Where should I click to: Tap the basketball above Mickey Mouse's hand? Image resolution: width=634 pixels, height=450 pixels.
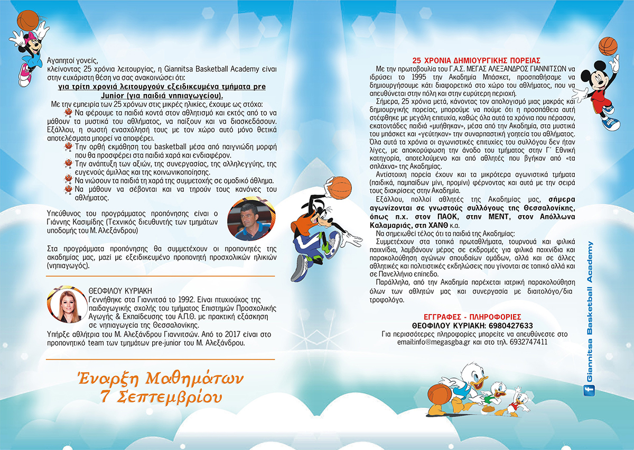pyautogui.click(x=608, y=47)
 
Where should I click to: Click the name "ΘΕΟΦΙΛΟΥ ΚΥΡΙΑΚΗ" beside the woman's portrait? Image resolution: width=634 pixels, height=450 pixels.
pyautogui.click(x=121, y=290)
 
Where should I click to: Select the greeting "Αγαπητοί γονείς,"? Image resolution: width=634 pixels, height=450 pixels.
pyautogui.click(x=72, y=60)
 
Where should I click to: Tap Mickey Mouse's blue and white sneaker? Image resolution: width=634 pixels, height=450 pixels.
pyautogui.click(x=610, y=123)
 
